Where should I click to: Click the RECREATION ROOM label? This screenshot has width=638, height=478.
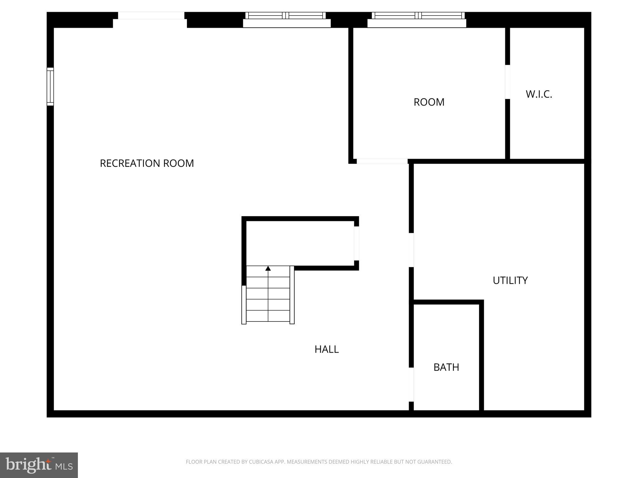[x=147, y=163]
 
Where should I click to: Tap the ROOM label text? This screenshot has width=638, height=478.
[x=429, y=102]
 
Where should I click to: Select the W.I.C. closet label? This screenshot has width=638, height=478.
[x=539, y=94]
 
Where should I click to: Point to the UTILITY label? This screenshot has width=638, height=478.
[x=510, y=280]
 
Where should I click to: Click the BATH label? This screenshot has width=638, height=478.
[x=446, y=367]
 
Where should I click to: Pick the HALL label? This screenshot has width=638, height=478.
[x=326, y=349]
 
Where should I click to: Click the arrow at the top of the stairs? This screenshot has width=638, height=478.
[x=268, y=268]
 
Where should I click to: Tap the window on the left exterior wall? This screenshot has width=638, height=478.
[x=50, y=87]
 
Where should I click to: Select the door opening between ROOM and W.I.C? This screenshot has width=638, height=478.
[x=507, y=82]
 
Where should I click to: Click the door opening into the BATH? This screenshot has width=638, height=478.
[x=411, y=385]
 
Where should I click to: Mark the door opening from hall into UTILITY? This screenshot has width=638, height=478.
[x=411, y=250]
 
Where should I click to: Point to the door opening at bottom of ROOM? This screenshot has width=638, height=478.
[x=382, y=161]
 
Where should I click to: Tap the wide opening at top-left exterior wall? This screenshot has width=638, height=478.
[x=151, y=16]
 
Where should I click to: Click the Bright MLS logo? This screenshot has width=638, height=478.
[x=39, y=465]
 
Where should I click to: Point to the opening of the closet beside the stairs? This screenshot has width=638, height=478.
[x=356, y=243]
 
